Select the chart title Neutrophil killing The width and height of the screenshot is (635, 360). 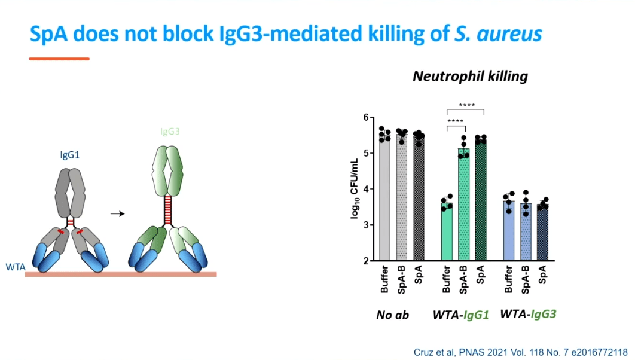click(x=470, y=77)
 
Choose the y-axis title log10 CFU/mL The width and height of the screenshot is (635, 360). click(x=354, y=189)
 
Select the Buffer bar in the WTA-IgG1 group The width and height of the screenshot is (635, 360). click(x=447, y=233)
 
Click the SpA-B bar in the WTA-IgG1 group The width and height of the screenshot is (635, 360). click(x=464, y=206)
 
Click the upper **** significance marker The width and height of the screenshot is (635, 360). click(x=466, y=106)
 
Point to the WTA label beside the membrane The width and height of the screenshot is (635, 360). click(x=15, y=267)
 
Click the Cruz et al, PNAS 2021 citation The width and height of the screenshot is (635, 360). click(x=520, y=352)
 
